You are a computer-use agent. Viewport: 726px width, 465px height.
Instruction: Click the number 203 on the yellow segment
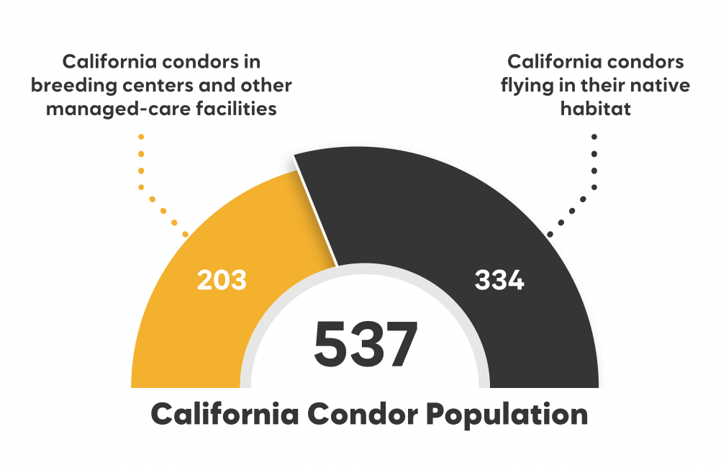click(222, 280)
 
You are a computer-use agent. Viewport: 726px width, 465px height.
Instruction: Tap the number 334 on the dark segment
click(499, 280)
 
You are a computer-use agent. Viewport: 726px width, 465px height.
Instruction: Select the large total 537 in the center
click(366, 345)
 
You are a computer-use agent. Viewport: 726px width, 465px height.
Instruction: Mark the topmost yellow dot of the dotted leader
click(141, 136)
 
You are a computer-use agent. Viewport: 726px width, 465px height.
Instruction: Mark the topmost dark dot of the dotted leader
click(594, 136)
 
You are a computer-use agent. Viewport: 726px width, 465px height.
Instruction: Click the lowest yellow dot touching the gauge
click(186, 235)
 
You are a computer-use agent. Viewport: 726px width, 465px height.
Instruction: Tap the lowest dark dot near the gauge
click(550, 235)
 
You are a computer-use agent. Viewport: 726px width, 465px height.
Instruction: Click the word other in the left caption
click(268, 86)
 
